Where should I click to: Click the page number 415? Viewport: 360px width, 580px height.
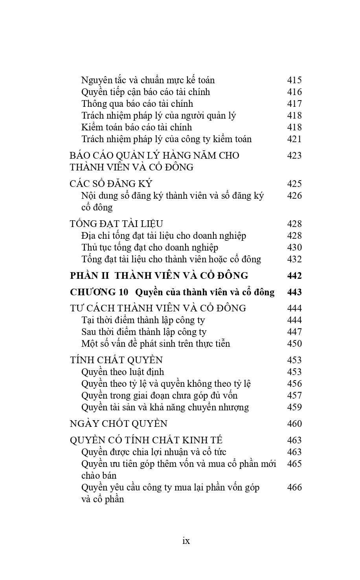coord(294,80)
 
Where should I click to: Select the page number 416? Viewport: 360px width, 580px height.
coord(294,92)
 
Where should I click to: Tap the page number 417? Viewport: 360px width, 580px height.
coord(294,104)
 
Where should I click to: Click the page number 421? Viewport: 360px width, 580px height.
coord(294,139)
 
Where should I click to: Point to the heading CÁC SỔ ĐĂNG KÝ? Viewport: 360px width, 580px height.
coord(111,184)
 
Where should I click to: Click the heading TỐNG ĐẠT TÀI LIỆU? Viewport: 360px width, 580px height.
coord(116,224)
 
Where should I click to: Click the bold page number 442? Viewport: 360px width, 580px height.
coord(294,276)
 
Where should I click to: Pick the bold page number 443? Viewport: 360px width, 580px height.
coord(294,292)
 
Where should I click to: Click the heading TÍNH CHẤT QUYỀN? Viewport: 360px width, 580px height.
coord(116,360)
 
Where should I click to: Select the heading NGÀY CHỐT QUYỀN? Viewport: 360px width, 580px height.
coord(119,424)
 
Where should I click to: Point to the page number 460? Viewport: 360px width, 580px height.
coord(294,424)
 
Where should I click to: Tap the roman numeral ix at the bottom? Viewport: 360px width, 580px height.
coord(186,541)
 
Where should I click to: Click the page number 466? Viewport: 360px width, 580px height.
coord(294,487)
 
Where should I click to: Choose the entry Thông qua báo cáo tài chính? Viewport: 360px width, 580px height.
coord(137,104)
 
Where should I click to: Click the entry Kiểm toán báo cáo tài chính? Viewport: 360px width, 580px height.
coord(137,127)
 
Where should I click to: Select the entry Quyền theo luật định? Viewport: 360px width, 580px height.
coord(123,372)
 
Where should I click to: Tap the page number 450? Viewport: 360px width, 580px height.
coord(294,344)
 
